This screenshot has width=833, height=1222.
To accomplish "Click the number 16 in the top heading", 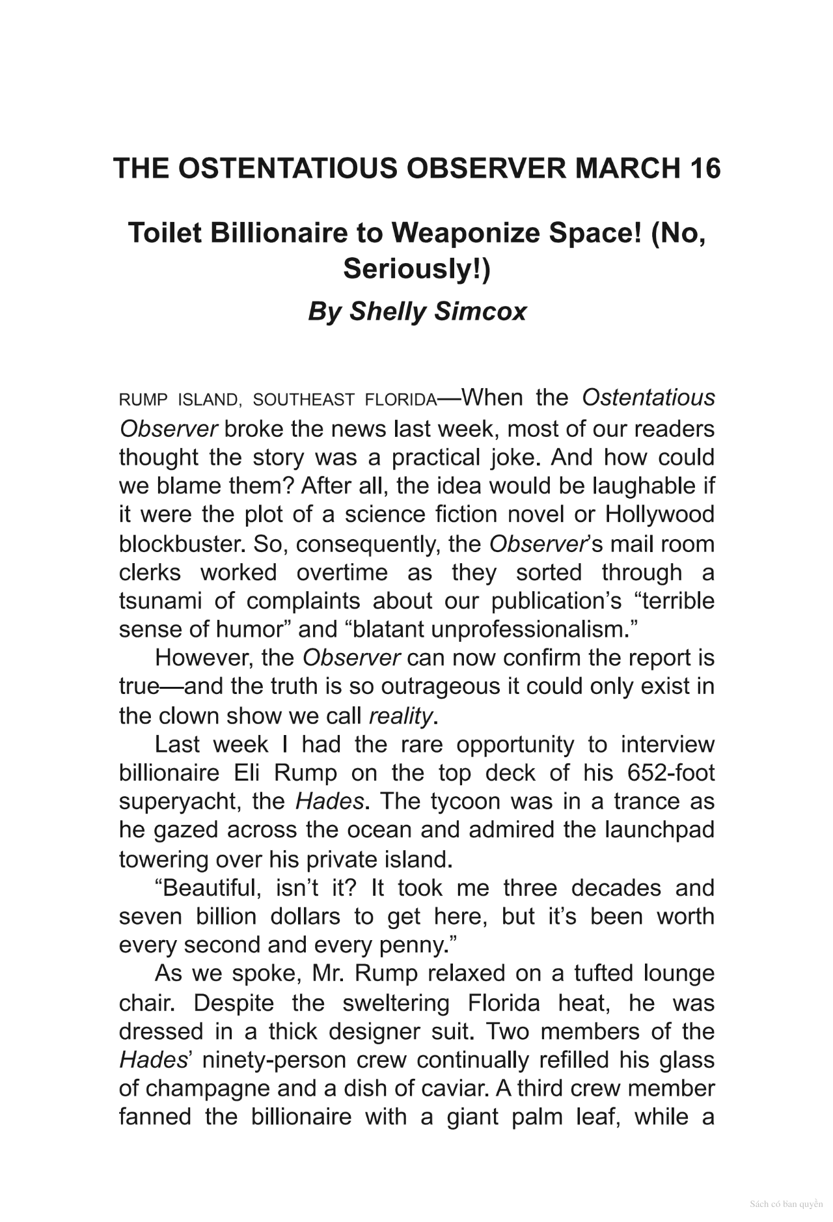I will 703,169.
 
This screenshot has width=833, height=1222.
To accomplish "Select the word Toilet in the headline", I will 166,233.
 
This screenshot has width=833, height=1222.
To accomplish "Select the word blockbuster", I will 181,543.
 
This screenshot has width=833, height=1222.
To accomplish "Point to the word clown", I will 193,716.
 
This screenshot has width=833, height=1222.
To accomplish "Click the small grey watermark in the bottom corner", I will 786,1204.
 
